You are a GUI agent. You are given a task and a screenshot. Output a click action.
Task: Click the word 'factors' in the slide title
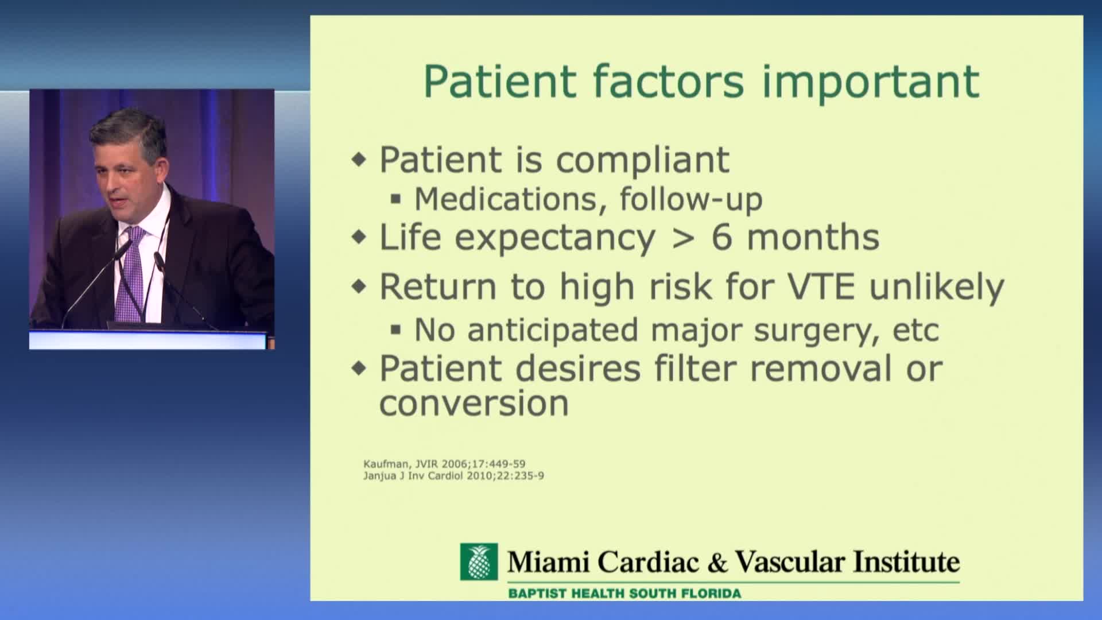(668, 81)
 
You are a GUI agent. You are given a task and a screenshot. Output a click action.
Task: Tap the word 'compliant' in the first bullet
(643, 160)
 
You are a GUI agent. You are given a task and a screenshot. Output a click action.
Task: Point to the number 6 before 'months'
(721, 237)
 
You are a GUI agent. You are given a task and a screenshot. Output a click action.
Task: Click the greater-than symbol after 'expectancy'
(683, 238)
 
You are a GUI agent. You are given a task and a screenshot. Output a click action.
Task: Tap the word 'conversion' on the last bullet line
(474, 404)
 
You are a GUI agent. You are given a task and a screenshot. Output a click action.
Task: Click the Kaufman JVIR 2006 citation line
(444, 463)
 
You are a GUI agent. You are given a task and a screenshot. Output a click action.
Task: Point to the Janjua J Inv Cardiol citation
(453, 475)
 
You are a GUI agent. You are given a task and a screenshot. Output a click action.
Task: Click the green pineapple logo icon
(479, 562)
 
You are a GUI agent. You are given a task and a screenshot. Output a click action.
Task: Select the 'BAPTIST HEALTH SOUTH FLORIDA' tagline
(624, 593)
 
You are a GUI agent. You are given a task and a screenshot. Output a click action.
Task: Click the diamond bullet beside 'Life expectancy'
(359, 237)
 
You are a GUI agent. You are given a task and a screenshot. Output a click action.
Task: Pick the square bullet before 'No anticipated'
(395, 330)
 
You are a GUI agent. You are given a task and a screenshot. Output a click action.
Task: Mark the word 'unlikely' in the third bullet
(937, 288)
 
